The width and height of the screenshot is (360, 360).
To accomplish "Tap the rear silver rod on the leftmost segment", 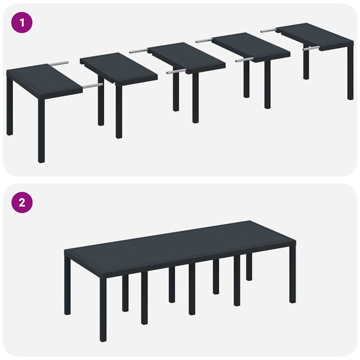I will click(x=59, y=63).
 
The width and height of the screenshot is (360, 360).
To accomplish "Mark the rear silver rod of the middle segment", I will click(x=138, y=50).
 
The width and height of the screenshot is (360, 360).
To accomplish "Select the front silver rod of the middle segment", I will click(x=175, y=72).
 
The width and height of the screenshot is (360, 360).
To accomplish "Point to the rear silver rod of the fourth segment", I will click(x=204, y=40).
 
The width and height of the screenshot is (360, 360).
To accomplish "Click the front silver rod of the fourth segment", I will click(x=244, y=59).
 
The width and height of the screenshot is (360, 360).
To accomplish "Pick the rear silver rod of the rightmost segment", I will click(x=268, y=30).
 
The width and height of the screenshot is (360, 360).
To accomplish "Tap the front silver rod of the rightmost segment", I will click(x=310, y=48).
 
